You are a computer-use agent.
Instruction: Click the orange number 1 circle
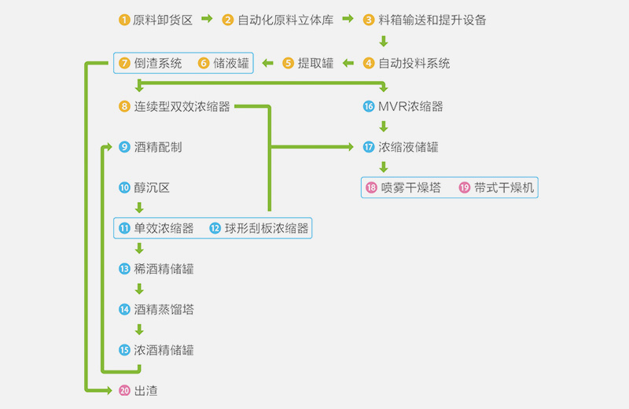pos(124,20)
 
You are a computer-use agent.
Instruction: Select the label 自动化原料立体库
pos(285,20)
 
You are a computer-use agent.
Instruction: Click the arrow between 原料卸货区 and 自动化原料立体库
pos(207,20)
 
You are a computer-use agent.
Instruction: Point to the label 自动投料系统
pos(414,64)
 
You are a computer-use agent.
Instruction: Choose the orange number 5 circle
pos(288,64)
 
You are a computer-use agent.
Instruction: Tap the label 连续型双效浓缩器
pos(182,106)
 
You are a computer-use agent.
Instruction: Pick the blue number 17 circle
pos(369,147)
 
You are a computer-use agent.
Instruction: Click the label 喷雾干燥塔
pos(410,188)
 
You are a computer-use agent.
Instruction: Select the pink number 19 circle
pos(464,188)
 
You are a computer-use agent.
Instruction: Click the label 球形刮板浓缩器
pos(267,229)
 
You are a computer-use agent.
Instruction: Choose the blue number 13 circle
pos(124,269)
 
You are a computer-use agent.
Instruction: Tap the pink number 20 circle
pos(124,390)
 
